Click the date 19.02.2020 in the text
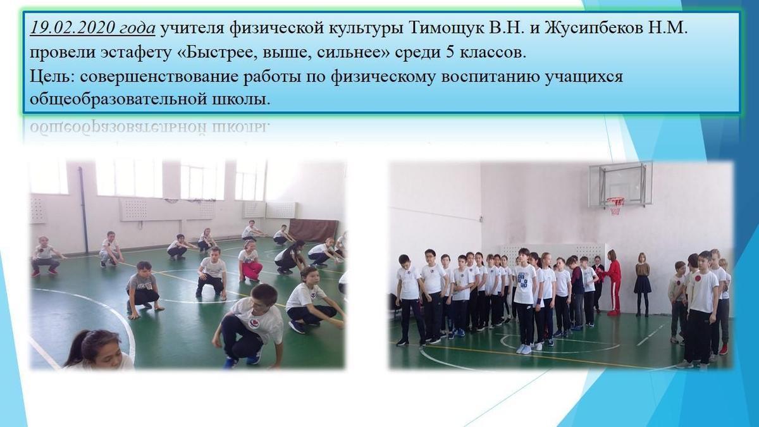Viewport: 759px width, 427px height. point(70,28)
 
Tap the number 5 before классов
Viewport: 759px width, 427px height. point(450,53)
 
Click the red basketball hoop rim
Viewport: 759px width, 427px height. point(615,201)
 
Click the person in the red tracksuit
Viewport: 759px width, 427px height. point(614,283)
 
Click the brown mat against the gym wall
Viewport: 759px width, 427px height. point(314,230)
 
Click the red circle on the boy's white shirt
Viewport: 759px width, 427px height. point(698,278)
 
